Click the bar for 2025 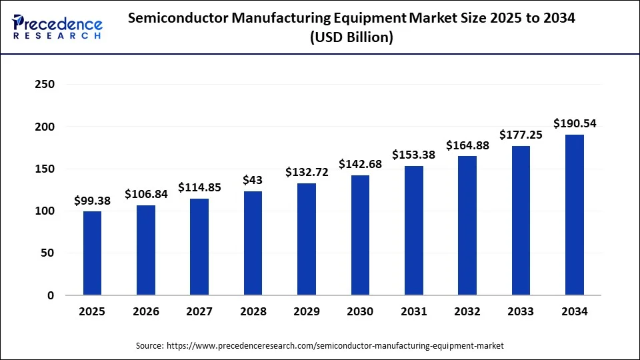click(x=92, y=253)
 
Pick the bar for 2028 click(x=253, y=243)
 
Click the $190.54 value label click(x=574, y=123)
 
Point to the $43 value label click(x=253, y=180)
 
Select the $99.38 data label click(x=92, y=200)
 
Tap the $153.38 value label click(x=413, y=155)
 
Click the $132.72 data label click(x=306, y=172)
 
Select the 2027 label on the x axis click(x=199, y=311)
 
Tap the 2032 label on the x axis click(x=467, y=311)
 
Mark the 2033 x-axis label click(x=521, y=311)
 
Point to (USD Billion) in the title click(x=351, y=38)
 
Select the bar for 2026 click(x=145, y=250)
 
